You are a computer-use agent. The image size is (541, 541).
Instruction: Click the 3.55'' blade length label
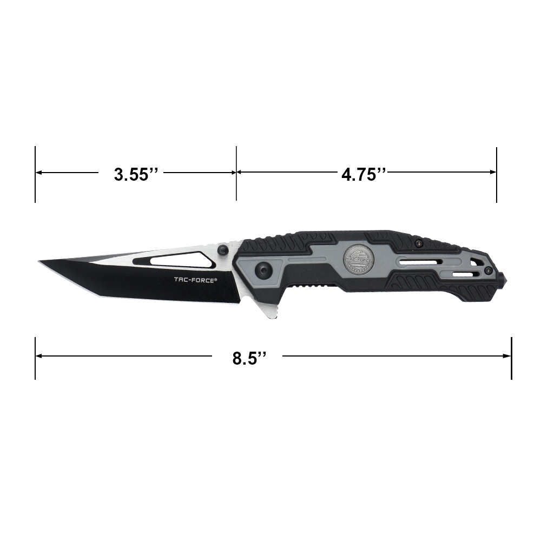click(x=136, y=174)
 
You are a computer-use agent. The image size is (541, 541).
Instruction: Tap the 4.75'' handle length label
click(x=364, y=174)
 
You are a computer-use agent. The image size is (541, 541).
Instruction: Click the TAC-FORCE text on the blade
click(x=196, y=280)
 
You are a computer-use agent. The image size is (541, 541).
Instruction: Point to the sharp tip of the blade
click(x=38, y=261)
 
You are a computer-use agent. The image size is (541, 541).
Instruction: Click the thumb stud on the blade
click(x=222, y=250)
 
